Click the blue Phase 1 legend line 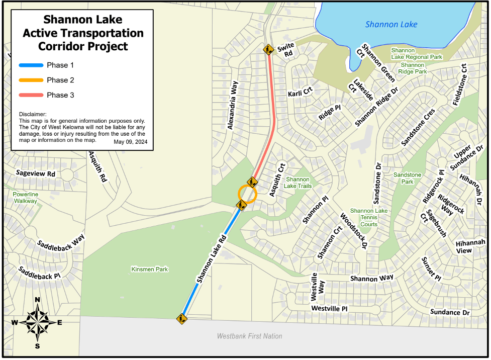coord(31,65)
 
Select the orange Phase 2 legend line coord(31,80)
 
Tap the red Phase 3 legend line coord(31,95)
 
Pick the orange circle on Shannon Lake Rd coord(247,194)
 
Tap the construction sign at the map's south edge coord(181,318)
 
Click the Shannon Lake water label coord(391,24)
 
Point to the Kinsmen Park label coord(149,269)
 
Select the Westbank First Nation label coord(249,336)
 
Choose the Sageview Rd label coord(36,173)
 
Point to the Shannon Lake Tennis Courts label coord(369,218)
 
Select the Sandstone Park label coord(407,177)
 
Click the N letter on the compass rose coord(37,301)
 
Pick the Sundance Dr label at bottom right coord(449,312)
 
